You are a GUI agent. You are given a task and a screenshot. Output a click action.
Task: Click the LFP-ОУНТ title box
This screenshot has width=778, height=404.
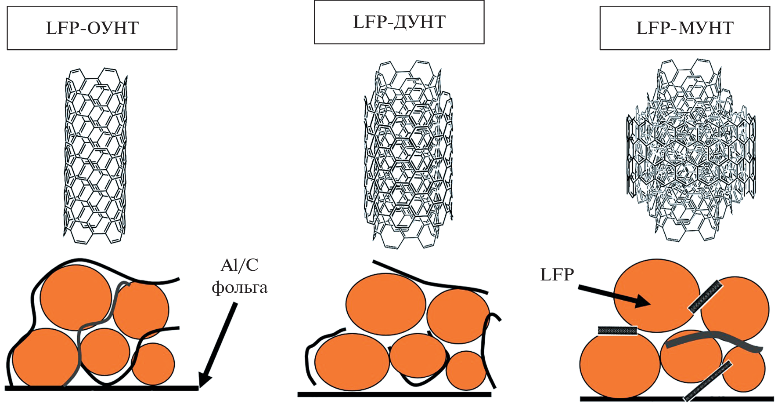coord(92,28)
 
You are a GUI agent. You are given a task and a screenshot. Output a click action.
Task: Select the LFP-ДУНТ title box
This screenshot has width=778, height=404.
coord(399,22)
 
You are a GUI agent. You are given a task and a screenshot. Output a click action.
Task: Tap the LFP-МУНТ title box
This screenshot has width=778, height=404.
coord(684,28)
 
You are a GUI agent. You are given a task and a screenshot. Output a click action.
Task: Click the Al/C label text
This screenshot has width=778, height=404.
coord(240,266)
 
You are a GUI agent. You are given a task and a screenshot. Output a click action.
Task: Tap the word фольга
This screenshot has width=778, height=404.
coord(240,288)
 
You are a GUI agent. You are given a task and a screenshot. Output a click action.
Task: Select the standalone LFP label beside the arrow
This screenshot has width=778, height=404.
coord(557,275)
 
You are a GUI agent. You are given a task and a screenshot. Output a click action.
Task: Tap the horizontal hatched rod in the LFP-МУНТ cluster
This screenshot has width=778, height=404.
coord(617,331)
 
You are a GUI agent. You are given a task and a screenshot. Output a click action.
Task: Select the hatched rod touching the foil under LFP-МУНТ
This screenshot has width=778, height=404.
coord(708,381)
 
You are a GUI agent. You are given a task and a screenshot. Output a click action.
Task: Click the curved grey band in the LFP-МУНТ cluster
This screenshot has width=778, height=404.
coord(713,340)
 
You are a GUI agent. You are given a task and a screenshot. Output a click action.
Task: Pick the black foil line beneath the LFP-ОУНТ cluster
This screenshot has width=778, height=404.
coord(101,388)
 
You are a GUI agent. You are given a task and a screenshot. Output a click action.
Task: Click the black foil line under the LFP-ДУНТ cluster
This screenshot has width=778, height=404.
coord(394,394)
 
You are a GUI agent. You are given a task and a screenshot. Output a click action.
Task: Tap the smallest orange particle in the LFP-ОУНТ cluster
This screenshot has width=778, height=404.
coord(153,364)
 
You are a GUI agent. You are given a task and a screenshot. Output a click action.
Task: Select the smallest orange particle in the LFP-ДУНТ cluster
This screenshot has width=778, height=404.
coord(465,370)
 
